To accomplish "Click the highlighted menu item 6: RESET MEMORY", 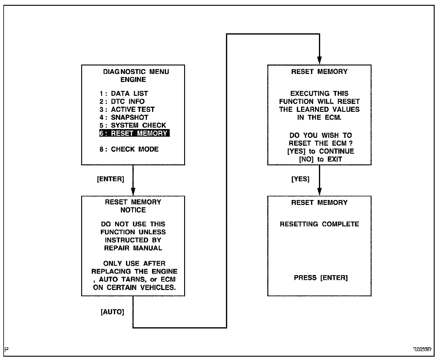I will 134,133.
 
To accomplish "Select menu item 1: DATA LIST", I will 124,94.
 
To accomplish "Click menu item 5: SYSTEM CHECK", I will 133,125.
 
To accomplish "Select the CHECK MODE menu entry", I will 129,149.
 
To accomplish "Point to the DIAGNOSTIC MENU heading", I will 136,72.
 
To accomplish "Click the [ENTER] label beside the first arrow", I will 111,179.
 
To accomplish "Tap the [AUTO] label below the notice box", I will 112,312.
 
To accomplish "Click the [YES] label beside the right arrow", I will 300,179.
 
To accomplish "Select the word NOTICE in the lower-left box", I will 133,210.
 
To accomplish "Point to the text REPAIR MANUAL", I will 133,248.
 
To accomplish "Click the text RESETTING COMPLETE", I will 319,224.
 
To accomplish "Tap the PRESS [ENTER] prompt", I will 321,278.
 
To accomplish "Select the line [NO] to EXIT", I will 320,159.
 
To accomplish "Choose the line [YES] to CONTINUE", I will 320,151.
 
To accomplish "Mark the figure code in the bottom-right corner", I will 422,349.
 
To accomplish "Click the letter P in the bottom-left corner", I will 7,349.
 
